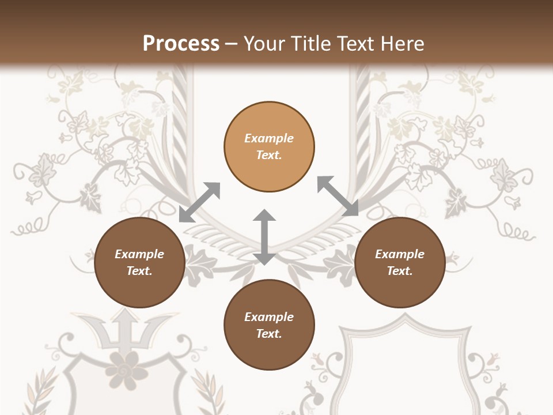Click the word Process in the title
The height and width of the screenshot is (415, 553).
coord(181,44)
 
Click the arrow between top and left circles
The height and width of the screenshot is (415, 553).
coord(199,202)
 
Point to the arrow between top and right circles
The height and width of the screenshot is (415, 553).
coord(338,197)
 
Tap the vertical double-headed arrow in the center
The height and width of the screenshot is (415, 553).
coord(264,237)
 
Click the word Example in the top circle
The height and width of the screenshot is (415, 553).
coord(269,138)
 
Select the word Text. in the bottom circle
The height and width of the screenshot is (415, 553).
coord(269,334)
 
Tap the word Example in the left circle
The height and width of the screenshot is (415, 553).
coord(139,254)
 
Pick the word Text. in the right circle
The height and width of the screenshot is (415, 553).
coord(400,271)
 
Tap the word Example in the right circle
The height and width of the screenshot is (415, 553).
coord(400,254)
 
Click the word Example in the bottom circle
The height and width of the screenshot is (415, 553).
coord(269,317)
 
